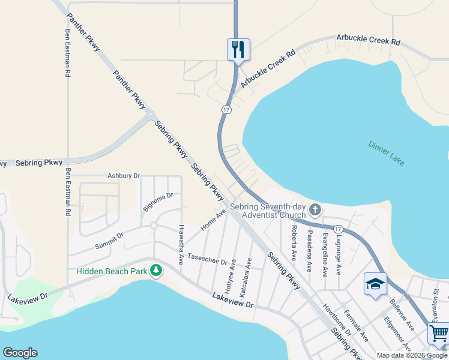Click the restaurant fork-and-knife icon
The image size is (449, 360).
(238, 49)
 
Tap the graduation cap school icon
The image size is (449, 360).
(375, 283)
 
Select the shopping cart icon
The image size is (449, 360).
(439, 333)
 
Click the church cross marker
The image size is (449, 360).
(315, 210)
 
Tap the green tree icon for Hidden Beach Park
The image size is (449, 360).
(156, 271)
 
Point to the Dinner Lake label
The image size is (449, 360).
(387, 153)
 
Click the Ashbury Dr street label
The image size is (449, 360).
(124, 176)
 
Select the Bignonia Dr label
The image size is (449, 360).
(158, 202)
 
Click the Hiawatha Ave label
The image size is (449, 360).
(181, 245)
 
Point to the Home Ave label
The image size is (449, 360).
(213, 220)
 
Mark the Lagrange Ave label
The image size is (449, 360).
(339, 253)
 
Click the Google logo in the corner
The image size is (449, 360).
(20, 353)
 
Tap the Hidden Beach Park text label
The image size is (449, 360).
(112, 271)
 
